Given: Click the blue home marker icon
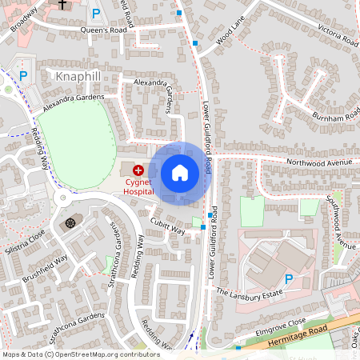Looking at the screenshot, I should [x=180, y=173].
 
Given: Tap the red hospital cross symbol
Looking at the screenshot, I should [x=138, y=170].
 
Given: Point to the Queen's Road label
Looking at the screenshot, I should [x=99, y=30].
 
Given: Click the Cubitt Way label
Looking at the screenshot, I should [x=169, y=231].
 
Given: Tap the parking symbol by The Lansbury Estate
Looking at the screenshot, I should [x=289, y=278].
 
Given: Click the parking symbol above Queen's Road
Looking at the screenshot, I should [x=96, y=13].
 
